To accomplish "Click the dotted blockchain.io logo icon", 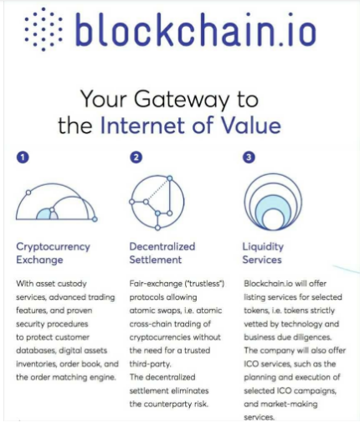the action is coord(44,29).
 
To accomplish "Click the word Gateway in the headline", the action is coord(182,100).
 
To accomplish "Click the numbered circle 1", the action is coord(23,157).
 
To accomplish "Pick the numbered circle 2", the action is coord(136,157).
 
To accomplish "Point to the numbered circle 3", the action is coord(249,157).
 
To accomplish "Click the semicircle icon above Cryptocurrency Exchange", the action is coord(57,202).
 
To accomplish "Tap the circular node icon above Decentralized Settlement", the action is coord(157,203).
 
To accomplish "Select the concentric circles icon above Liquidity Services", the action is coord(273,202).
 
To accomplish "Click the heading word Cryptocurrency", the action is coord(53,247).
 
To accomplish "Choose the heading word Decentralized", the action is coord(162,246).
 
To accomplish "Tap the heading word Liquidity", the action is coord(263,247).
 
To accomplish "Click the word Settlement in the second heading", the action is coord(156,260).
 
